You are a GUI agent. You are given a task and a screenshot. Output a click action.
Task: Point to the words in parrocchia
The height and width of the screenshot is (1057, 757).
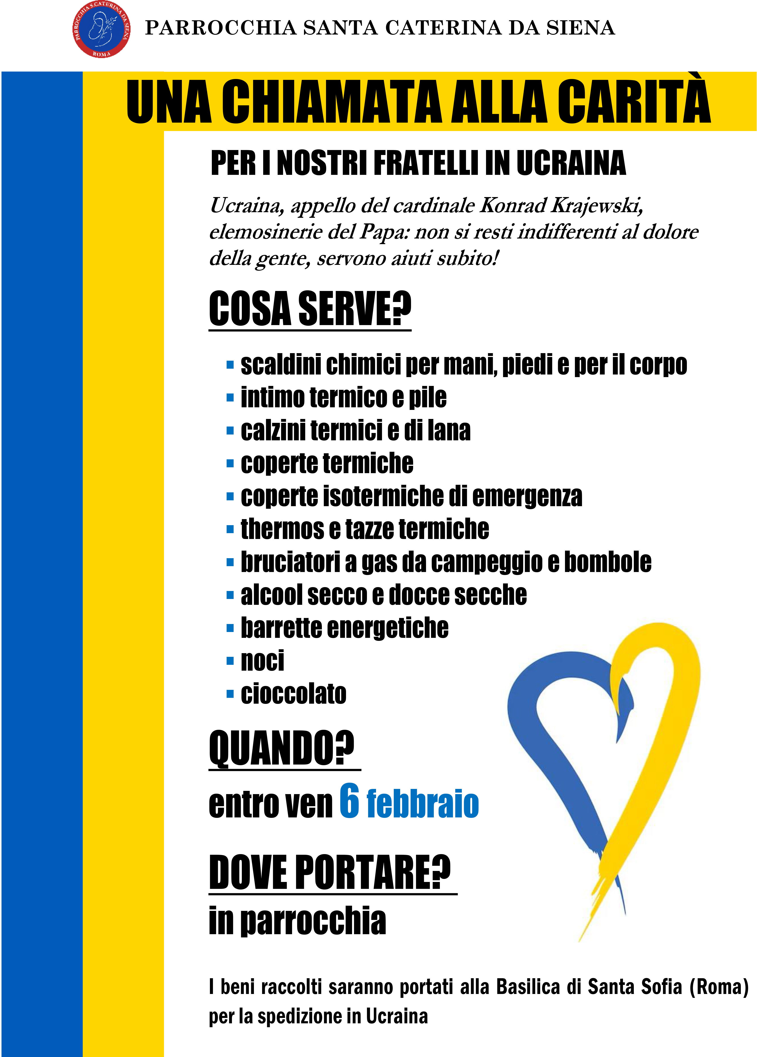click(x=297, y=921)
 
